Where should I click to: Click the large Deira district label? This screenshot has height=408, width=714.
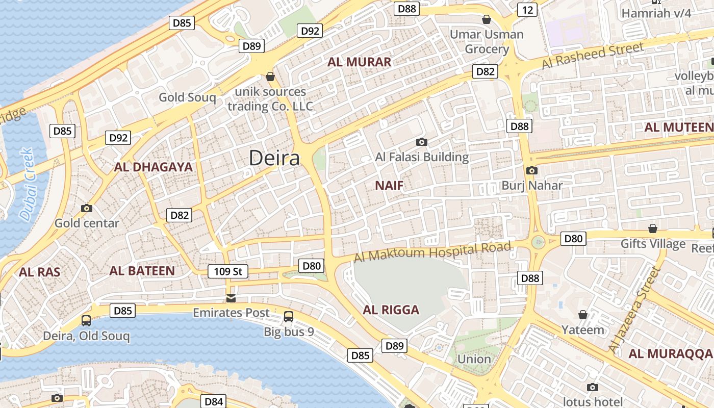[274, 159]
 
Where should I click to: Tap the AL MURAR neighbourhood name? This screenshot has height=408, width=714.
[359, 62]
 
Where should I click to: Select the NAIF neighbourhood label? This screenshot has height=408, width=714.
[389, 186]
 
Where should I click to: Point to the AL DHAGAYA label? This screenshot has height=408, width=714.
[153, 167]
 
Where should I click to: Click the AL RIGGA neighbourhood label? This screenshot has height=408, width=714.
[391, 310]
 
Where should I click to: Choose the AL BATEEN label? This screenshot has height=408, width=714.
[142, 271]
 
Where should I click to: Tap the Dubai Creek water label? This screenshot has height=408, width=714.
[27, 185]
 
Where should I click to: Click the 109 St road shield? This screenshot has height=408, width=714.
[227, 271]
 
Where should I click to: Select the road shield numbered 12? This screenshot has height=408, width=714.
[527, 9]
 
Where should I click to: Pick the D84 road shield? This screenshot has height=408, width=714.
[213, 401]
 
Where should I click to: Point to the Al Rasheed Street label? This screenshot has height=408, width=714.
[593, 55]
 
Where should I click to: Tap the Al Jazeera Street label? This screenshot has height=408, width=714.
[634, 310]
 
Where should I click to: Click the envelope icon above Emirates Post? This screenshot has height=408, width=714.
[231, 298]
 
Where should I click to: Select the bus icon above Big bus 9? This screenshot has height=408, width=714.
[289, 317]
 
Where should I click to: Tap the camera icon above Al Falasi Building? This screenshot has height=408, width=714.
[421, 142]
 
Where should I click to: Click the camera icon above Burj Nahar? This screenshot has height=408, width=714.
[531, 171]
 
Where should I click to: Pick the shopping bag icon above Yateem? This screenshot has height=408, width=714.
[582, 315]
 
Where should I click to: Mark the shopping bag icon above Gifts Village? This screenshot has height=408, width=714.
[652, 228]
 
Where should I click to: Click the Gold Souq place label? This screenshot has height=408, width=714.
[187, 97]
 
